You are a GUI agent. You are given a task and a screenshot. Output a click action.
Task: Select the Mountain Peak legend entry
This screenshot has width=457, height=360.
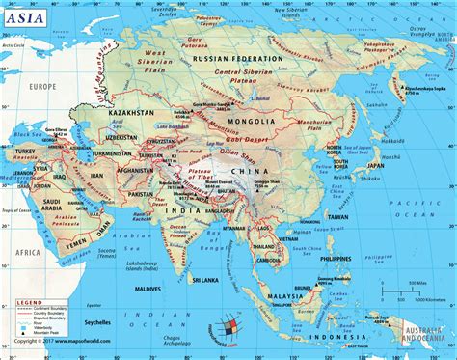(x=39, y=344)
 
